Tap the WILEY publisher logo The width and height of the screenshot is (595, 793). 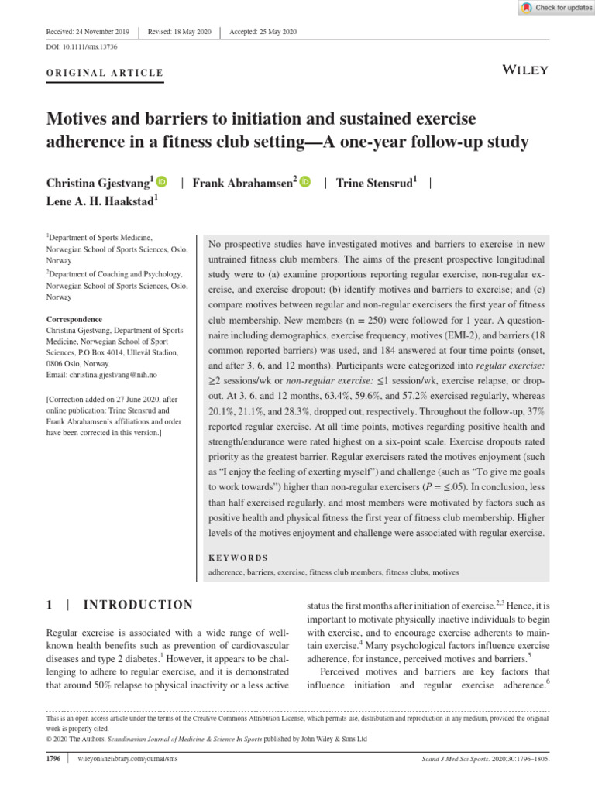(526, 70)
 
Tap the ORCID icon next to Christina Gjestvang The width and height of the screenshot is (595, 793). (161, 182)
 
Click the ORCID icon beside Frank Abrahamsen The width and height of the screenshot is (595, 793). (304, 182)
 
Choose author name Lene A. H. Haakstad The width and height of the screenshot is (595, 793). (101, 201)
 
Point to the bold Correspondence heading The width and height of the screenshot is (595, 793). (74, 319)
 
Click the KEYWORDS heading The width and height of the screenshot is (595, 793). (239, 558)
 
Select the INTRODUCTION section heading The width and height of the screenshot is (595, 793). (138, 605)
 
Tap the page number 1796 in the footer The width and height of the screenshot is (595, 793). (54, 759)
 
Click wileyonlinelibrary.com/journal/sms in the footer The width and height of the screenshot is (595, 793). (129, 759)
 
